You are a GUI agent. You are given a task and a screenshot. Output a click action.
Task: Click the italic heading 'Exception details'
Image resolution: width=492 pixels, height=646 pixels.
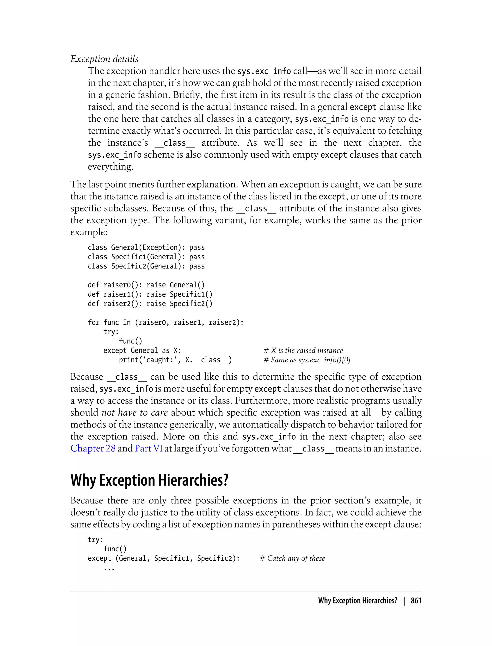coord(104,59)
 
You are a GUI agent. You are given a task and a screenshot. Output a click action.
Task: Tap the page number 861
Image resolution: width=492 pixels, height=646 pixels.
coord(416,601)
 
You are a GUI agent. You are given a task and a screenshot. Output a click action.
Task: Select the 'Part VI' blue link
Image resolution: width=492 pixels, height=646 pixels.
coord(148,448)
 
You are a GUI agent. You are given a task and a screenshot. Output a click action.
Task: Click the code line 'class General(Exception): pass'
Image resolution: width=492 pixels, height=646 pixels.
coord(146,247)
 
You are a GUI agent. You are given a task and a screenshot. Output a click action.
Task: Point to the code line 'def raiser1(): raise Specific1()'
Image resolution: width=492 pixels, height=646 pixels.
coord(150,294)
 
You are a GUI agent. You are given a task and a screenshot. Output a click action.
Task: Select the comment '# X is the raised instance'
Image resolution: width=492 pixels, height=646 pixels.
coord(303,350)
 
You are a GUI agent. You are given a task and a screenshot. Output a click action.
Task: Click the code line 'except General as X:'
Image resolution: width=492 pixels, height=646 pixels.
coord(142,350)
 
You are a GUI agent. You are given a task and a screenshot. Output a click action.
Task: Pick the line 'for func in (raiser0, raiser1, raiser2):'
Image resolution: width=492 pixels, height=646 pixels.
coord(166,322)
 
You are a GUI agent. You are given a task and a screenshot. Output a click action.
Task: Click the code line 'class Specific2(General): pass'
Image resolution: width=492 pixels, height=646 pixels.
coord(146,266)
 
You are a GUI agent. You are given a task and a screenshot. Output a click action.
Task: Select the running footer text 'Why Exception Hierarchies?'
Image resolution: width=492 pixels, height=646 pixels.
coord(357,601)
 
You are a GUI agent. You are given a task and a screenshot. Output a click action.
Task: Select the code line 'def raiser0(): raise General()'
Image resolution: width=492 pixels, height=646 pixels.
coord(146,285)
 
